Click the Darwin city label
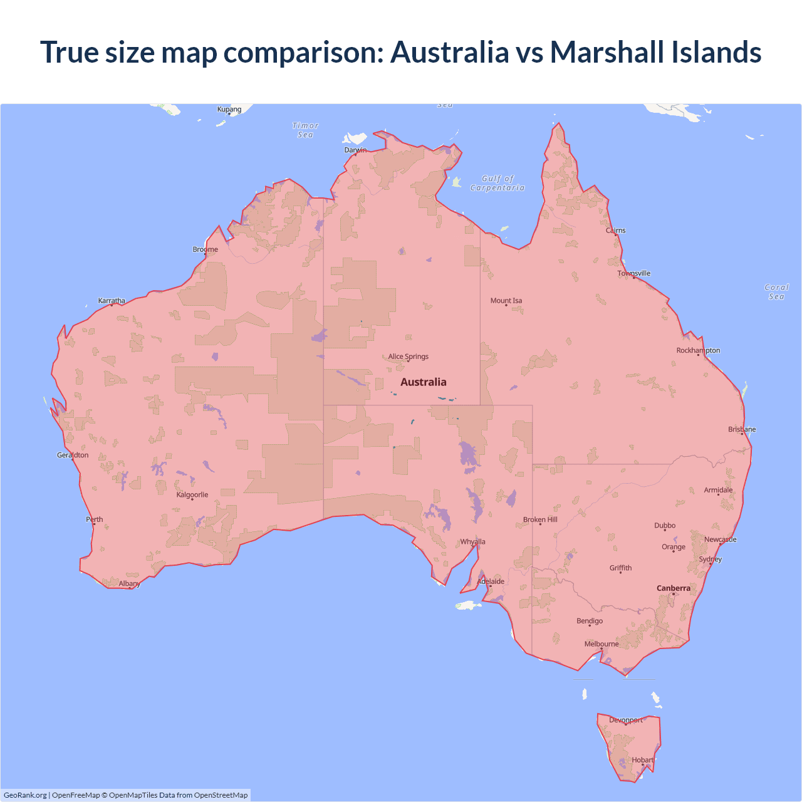click(x=355, y=150)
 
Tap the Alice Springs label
click(x=408, y=357)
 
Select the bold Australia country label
click(x=424, y=382)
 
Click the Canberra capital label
click(x=674, y=588)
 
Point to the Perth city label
click(x=95, y=519)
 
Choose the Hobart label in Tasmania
click(x=643, y=760)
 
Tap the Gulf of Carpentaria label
click(x=497, y=183)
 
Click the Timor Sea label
click(x=306, y=130)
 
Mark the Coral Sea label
click(x=776, y=292)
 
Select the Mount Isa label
click(x=506, y=301)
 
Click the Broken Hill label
click(x=540, y=520)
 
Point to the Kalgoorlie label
click(x=192, y=495)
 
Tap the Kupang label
click(x=229, y=110)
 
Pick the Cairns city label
click(x=615, y=231)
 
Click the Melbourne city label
click(x=601, y=644)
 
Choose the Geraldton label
click(x=73, y=456)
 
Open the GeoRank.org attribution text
click(x=25, y=795)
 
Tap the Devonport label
click(x=626, y=721)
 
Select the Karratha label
click(x=112, y=301)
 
